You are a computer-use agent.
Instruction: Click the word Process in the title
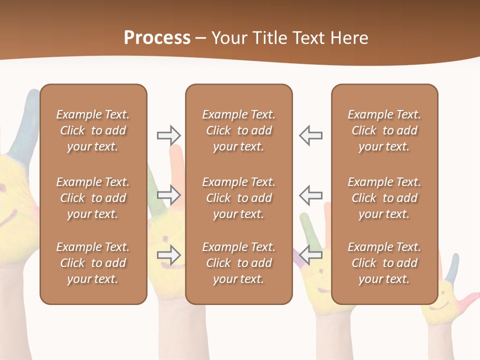(157, 38)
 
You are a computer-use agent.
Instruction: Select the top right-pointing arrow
(168, 135)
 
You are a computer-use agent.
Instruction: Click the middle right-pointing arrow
(168, 194)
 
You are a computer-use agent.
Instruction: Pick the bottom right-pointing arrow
(168, 255)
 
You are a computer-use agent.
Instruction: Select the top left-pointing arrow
(310, 135)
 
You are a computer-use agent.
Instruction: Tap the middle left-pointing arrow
(310, 194)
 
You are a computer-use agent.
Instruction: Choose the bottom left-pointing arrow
(310, 255)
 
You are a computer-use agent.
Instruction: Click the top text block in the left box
(93, 130)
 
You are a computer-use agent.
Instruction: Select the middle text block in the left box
(93, 198)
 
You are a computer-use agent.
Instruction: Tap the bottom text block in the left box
(93, 263)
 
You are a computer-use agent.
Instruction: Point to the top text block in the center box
(238, 130)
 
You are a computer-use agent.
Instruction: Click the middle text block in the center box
(238, 198)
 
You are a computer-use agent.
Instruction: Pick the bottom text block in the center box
(238, 263)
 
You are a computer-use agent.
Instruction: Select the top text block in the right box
(384, 130)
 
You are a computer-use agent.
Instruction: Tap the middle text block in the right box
(384, 198)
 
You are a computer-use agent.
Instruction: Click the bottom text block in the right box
(384, 263)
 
